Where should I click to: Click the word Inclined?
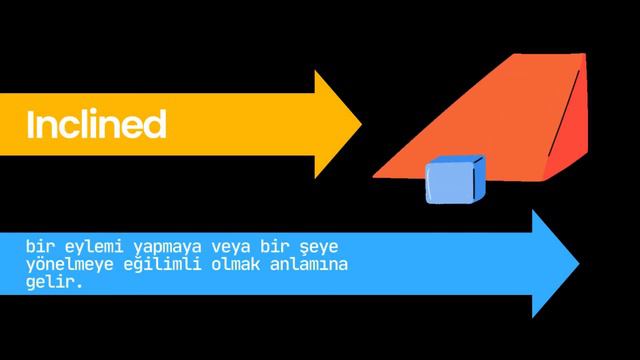click(96, 125)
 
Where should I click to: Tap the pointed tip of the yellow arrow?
click(359, 124)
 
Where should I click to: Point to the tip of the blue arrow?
click(577, 263)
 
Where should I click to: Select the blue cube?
click(454, 181)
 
